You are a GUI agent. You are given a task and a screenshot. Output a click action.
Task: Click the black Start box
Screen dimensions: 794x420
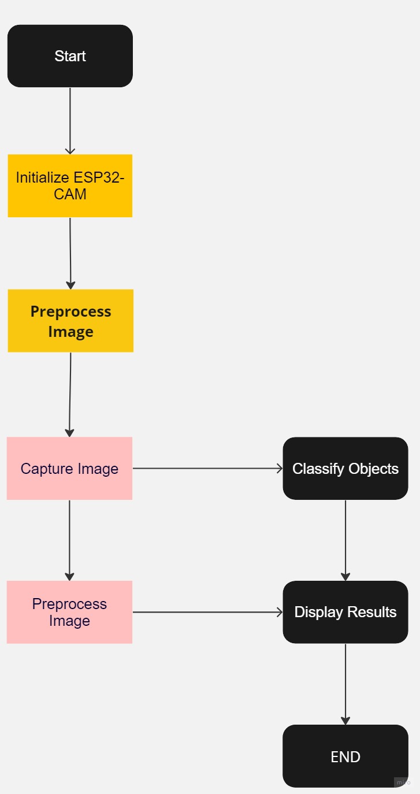[x=70, y=56]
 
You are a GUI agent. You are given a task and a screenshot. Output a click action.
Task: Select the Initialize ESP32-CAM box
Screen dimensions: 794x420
[x=70, y=185]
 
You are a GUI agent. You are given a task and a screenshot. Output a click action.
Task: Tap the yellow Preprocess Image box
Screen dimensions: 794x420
[x=70, y=321]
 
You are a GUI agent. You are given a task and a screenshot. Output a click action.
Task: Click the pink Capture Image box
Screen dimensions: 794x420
[x=69, y=468]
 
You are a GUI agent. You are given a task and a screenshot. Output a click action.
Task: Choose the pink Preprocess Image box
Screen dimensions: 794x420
[x=69, y=612]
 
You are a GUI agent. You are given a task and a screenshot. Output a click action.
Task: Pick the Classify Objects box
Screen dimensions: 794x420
[x=345, y=468]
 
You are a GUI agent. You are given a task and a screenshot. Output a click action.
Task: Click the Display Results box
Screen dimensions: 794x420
[x=345, y=612]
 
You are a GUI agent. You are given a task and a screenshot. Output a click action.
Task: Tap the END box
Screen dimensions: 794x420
[x=345, y=756]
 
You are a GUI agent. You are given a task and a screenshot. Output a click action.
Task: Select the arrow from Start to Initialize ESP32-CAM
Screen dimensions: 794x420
[x=70, y=120]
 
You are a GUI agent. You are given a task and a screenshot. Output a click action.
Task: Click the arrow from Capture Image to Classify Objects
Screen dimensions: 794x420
[x=208, y=468]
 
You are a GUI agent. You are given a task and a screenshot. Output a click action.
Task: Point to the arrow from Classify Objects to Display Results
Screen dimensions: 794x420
[x=345, y=540]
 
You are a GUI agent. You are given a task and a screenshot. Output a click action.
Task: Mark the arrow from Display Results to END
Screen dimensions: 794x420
[x=345, y=684]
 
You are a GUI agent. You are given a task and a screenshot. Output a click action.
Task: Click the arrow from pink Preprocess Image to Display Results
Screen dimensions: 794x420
[x=208, y=612]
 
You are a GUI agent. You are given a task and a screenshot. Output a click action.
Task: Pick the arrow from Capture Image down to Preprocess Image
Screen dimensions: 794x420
[x=69, y=540]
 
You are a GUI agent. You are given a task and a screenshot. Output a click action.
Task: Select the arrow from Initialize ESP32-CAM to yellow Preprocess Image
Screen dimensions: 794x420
[x=70, y=253]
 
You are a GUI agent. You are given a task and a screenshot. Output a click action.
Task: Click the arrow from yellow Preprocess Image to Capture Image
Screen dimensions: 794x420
[x=70, y=394]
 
